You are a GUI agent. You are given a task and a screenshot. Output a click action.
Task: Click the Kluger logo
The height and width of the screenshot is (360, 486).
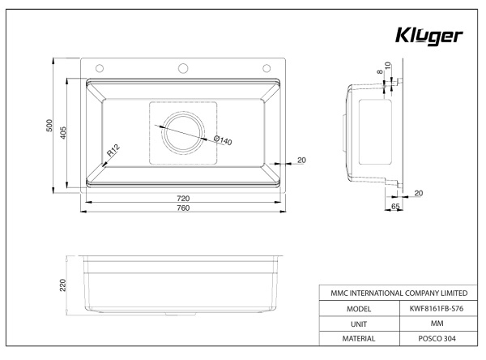click(x=428, y=36)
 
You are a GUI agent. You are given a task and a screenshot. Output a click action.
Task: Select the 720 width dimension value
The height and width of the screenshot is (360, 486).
click(x=183, y=199)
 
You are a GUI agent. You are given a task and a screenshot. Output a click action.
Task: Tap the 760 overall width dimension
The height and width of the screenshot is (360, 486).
click(x=183, y=209)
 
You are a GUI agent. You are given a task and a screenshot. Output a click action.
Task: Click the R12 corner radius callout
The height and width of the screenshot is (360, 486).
click(x=113, y=150)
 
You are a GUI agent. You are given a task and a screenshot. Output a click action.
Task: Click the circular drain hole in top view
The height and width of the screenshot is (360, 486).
click(x=182, y=131)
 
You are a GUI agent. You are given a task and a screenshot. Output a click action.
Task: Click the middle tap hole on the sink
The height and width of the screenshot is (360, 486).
click(x=183, y=67)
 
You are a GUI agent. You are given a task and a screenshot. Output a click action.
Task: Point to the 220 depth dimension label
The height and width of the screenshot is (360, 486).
click(x=62, y=285)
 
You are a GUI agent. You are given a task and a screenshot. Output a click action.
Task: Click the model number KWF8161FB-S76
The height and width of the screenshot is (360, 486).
click(x=432, y=309)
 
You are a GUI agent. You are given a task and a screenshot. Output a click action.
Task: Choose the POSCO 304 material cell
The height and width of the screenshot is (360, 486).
click(x=432, y=338)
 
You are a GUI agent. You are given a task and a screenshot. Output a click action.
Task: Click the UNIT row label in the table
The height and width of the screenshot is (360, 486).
click(x=358, y=324)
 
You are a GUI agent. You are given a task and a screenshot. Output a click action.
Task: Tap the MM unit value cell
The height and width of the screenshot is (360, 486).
click(x=432, y=324)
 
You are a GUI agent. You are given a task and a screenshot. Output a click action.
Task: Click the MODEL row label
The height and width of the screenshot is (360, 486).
click(x=358, y=309)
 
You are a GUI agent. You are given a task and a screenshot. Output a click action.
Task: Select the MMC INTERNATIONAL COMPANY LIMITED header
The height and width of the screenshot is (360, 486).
click(x=394, y=294)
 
